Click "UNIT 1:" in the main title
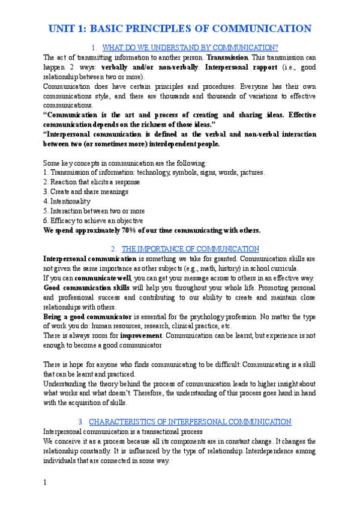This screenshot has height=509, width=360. pyautogui.click(x=67, y=29)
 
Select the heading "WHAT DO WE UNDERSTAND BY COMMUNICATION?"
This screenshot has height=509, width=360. pyautogui.click(x=191, y=47)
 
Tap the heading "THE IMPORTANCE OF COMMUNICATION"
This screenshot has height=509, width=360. pyautogui.click(x=190, y=248)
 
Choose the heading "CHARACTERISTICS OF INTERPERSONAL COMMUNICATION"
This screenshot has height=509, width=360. pyautogui.click(x=190, y=421)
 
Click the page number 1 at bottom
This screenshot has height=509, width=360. pyautogui.click(x=45, y=483)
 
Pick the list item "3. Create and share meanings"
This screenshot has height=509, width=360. pyautogui.click(x=86, y=191)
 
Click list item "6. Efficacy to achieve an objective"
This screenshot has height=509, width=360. pyautogui.click(x=93, y=220)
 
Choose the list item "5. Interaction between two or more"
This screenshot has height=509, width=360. pyautogui.click(x=94, y=211)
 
